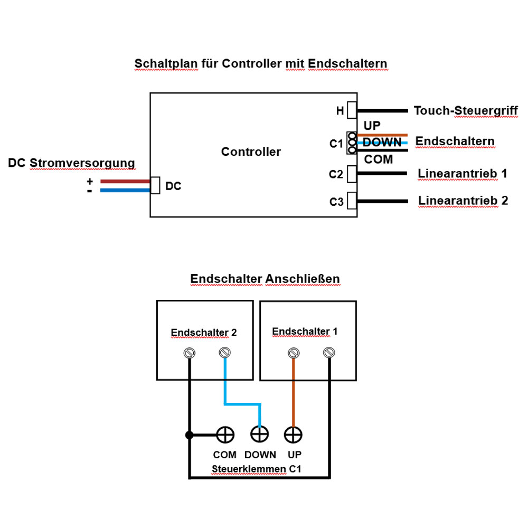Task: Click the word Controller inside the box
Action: pyautogui.click(x=251, y=152)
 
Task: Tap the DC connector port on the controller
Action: pyautogui.click(x=155, y=185)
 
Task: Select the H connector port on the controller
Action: pyautogui.click(x=352, y=110)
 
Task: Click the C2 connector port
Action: pyautogui.click(x=352, y=174)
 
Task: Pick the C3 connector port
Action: pyautogui.click(x=352, y=201)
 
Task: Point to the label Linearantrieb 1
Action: pyautogui.click(x=463, y=174)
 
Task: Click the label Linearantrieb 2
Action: pyautogui.click(x=463, y=201)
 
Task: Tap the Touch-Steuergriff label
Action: pyautogui.click(x=466, y=110)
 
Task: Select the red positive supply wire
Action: pyautogui.click(x=125, y=181)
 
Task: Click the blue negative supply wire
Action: pyautogui.click(x=125, y=190)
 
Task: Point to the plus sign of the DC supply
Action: pyautogui.click(x=90, y=182)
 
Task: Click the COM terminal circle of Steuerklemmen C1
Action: pyautogui.click(x=225, y=435)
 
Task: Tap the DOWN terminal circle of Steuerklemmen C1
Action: pyautogui.click(x=260, y=433)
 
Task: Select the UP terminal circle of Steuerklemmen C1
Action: pyautogui.click(x=293, y=435)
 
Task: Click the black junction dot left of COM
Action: pyautogui.click(x=189, y=435)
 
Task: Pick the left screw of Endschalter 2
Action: pyautogui.click(x=189, y=353)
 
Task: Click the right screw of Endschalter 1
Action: pyautogui.click(x=328, y=353)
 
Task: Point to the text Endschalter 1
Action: pyautogui.click(x=305, y=332)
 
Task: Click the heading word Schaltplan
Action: pyautogui.click(x=166, y=64)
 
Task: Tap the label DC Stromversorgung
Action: pyautogui.click(x=71, y=163)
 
